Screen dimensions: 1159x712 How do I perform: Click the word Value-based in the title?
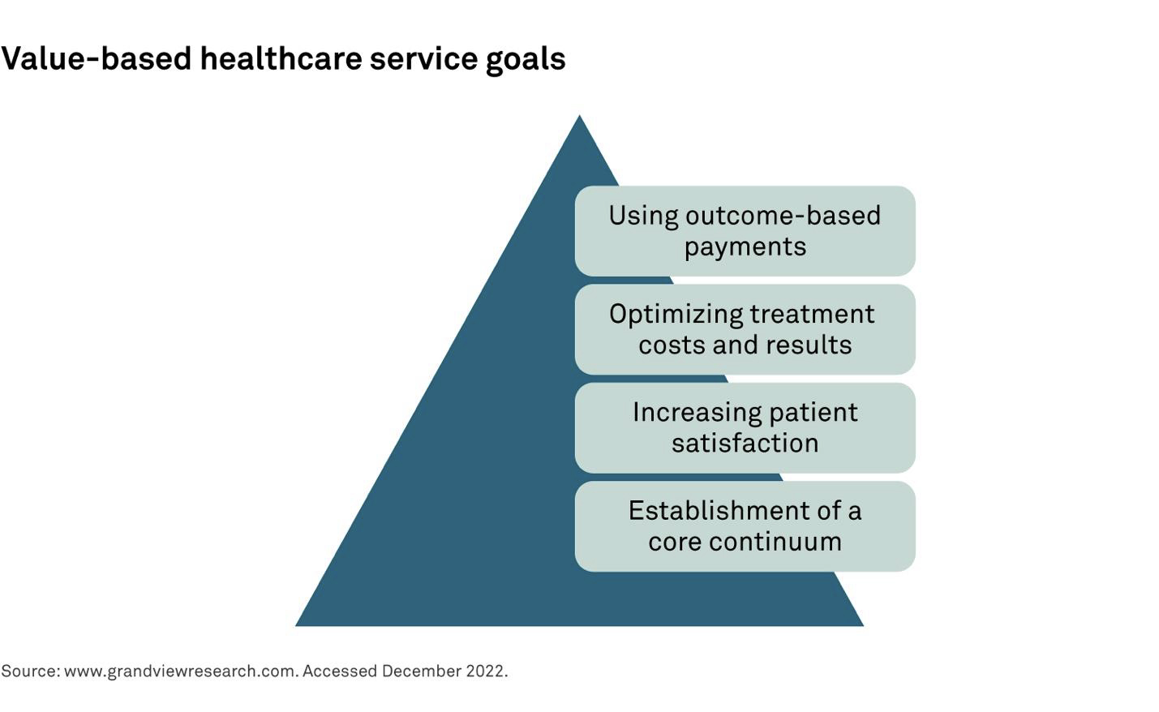click(97, 58)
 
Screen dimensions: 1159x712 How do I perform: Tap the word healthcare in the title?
click(281, 58)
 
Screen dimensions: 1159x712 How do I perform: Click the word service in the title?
click(423, 58)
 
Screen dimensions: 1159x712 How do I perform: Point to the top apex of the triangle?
click(579, 115)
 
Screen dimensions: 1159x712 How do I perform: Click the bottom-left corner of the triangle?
click(295, 625)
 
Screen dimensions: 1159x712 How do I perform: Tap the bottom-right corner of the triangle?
click(863, 625)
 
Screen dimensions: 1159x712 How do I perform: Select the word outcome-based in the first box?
click(783, 215)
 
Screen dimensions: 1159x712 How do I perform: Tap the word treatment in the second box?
click(813, 314)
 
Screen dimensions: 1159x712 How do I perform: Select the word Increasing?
click(697, 414)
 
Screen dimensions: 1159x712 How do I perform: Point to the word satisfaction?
click(745, 444)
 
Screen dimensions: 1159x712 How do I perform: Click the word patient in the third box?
click(813, 414)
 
